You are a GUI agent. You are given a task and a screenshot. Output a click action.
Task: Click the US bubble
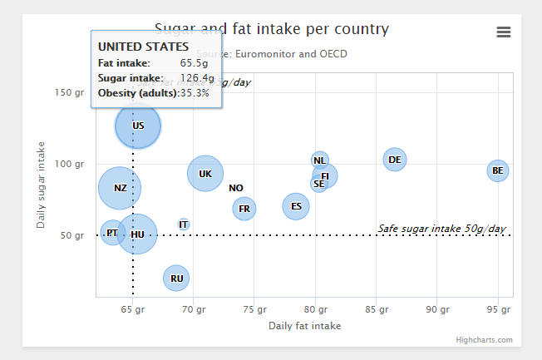coord(138,126)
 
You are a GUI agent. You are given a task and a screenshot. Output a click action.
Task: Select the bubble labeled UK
coord(205,174)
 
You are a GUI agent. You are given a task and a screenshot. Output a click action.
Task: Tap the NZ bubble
coord(120,188)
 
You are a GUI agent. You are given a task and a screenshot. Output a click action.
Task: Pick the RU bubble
coord(176,278)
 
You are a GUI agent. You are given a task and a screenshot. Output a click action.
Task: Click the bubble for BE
coord(497,171)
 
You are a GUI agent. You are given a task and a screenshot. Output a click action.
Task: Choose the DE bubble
coord(395,159)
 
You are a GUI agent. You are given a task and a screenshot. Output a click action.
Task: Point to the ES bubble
coord(296,206)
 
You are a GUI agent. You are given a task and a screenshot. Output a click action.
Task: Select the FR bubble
coord(244,208)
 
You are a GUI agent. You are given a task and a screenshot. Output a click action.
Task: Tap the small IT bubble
coord(184,224)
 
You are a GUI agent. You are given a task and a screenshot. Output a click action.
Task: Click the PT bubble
coord(112,234)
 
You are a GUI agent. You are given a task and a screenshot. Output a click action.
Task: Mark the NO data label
coord(236,188)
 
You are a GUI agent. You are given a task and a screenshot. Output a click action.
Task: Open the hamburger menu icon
coord(503,32)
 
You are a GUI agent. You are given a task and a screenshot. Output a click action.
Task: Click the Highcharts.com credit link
coord(484,340)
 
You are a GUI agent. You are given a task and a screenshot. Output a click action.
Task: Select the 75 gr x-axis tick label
coord(255,309)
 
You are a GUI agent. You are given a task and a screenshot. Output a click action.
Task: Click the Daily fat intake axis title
coord(304,326)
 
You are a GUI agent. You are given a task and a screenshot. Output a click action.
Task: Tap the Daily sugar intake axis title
coord(41,185)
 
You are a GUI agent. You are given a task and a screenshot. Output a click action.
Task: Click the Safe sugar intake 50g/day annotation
coord(441,229)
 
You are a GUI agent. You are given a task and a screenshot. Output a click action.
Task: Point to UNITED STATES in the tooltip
coord(143,47)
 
